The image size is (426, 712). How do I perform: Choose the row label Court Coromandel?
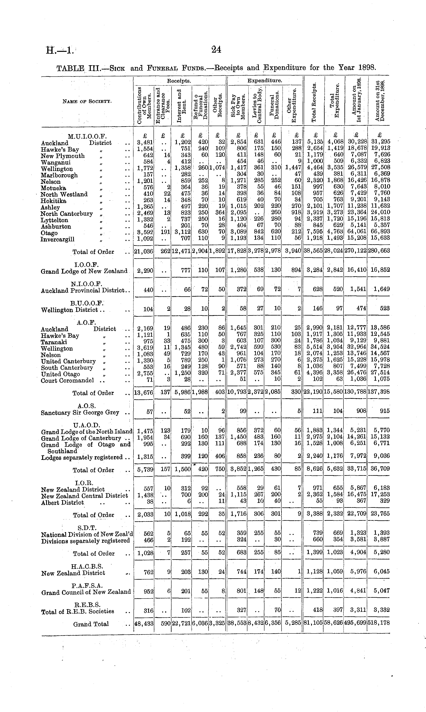coord(67,381)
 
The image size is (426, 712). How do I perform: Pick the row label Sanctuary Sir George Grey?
coord(80,413)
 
